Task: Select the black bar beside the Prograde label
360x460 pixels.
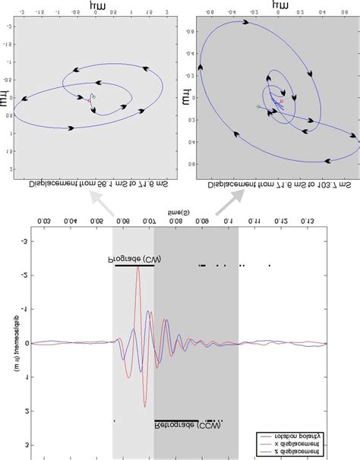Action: (134, 266)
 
